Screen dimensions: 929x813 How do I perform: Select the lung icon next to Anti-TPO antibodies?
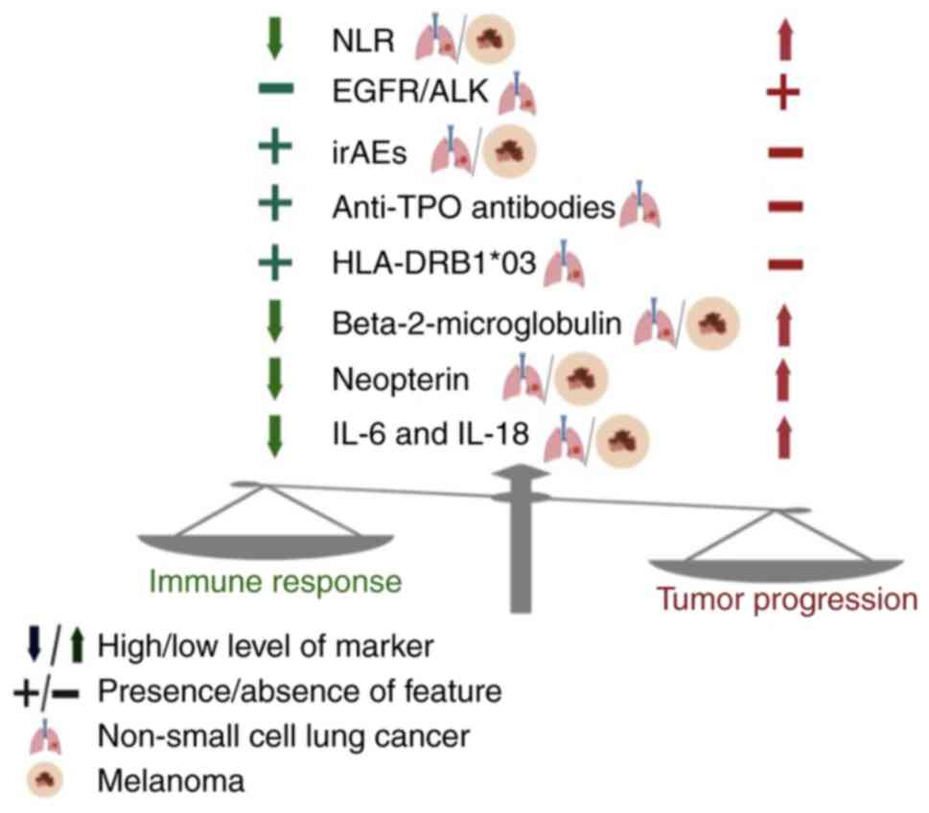639,208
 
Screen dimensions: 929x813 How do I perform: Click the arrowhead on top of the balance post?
522,473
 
